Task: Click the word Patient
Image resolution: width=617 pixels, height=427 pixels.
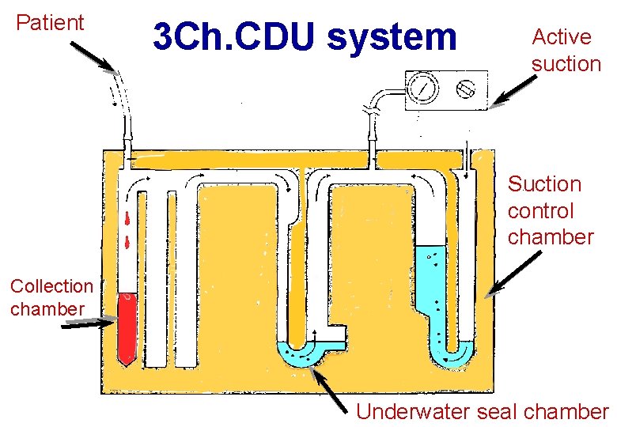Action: click(50, 23)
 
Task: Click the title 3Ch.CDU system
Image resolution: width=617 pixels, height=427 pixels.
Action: click(305, 36)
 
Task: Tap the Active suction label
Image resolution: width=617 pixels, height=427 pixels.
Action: click(566, 50)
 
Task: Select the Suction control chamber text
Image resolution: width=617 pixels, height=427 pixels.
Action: click(550, 210)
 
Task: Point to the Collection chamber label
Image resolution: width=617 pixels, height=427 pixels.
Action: click(51, 297)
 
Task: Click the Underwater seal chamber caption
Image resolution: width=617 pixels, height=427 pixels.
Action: click(482, 411)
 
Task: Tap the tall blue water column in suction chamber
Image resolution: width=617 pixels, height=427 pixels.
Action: click(432, 285)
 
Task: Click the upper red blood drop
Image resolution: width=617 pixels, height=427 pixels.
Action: click(127, 218)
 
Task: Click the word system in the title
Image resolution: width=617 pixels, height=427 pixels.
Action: click(392, 36)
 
